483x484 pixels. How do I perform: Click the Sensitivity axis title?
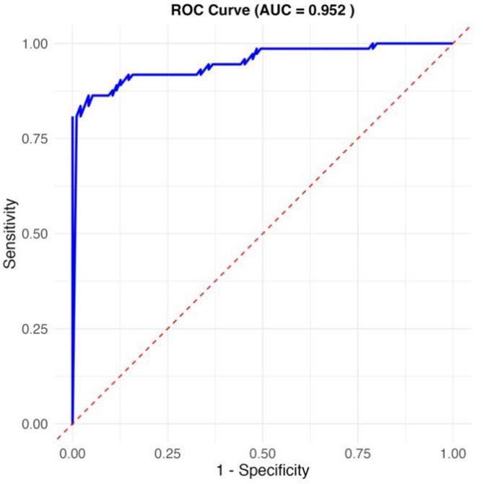12,233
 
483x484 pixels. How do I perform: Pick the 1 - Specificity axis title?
262,471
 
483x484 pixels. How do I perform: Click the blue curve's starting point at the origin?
72,423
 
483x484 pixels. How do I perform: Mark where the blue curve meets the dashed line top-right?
453,43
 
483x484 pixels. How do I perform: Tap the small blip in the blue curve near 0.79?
373,45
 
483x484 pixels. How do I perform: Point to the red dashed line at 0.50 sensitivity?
262,233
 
